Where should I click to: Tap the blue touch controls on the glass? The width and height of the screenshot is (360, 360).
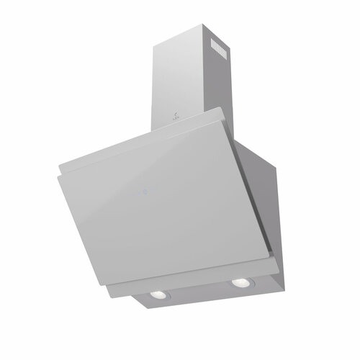(145, 192)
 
